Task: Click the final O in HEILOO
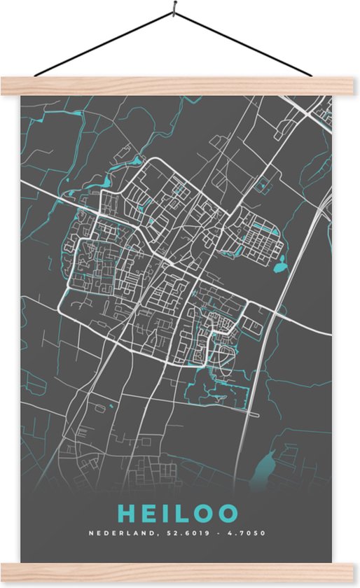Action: pos(228,513)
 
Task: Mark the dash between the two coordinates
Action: pos(220,533)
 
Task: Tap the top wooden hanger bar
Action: pos(179,85)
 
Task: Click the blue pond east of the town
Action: pos(281,264)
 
